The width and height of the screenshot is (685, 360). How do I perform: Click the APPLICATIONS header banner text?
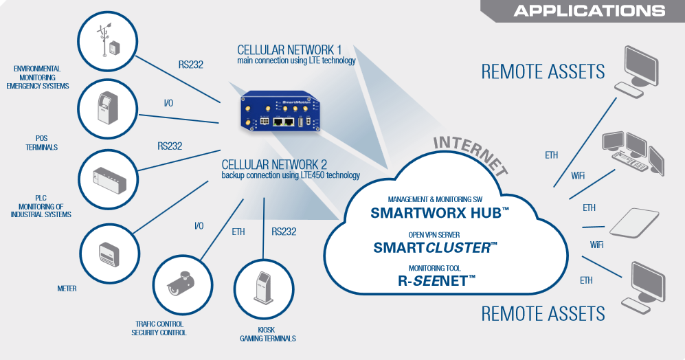[x=589, y=11]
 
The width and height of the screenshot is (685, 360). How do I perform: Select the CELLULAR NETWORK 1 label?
[x=289, y=50]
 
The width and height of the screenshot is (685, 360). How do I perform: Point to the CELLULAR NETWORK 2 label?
[x=274, y=165]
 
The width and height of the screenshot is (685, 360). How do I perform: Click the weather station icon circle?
[x=109, y=41]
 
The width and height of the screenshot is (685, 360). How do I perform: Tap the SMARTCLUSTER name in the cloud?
[x=435, y=247]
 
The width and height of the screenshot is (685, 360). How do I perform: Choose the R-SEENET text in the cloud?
[x=438, y=281]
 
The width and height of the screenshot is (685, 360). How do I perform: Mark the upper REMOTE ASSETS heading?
[x=543, y=71]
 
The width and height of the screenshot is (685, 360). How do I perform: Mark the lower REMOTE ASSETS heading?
[x=543, y=314]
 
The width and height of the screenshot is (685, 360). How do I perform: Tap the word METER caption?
[x=67, y=289]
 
